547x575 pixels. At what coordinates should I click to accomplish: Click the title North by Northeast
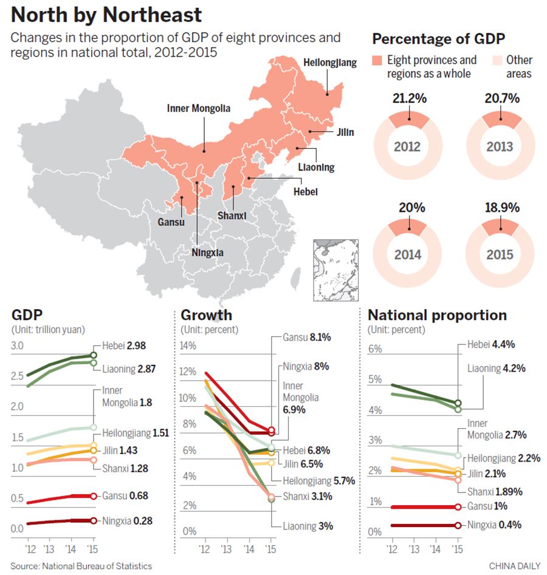(106, 15)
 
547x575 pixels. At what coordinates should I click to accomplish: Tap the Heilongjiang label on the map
(330, 63)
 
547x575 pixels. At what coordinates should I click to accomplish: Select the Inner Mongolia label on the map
(199, 109)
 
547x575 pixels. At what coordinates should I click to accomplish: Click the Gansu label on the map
(170, 222)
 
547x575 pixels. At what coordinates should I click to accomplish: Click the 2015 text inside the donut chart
(500, 254)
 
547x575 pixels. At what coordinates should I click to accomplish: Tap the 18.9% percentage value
(502, 208)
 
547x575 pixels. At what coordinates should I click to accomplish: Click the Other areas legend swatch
(496, 60)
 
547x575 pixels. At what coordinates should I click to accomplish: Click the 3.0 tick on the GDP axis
(18, 346)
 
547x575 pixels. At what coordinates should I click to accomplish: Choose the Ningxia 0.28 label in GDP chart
(126, 520)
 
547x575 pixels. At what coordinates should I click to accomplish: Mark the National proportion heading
(437, 315)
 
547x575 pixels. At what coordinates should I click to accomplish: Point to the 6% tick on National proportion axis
(375, 349)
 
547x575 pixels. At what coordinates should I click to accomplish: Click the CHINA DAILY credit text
(514, 565)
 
